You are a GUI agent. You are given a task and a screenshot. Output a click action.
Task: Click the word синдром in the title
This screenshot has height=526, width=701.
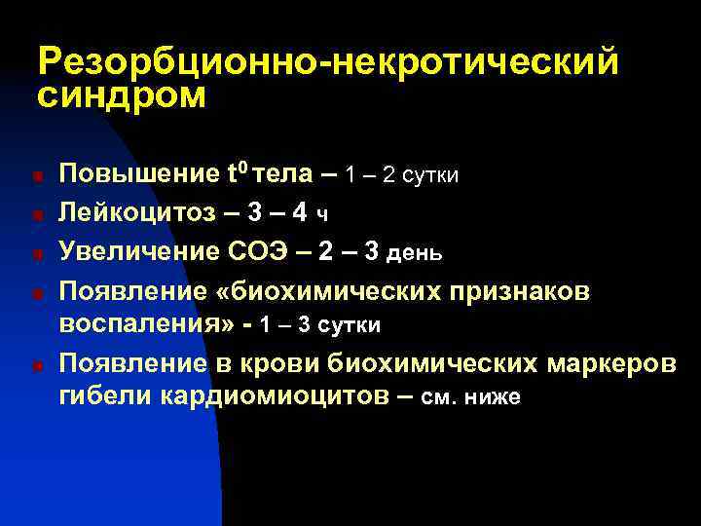(x=122, y=97)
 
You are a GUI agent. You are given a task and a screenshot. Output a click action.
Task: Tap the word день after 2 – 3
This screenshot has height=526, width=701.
(x=416, y=252)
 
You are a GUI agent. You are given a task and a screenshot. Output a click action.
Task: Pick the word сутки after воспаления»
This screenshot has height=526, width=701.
(x=345, y=325)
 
